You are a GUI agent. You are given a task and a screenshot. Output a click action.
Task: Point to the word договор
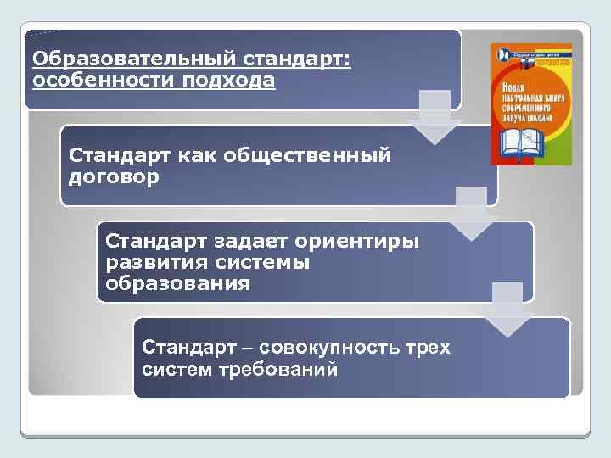point(114,179)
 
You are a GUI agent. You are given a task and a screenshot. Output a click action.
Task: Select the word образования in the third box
point(178,283)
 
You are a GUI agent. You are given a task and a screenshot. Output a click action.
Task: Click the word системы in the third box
point(263,262)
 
